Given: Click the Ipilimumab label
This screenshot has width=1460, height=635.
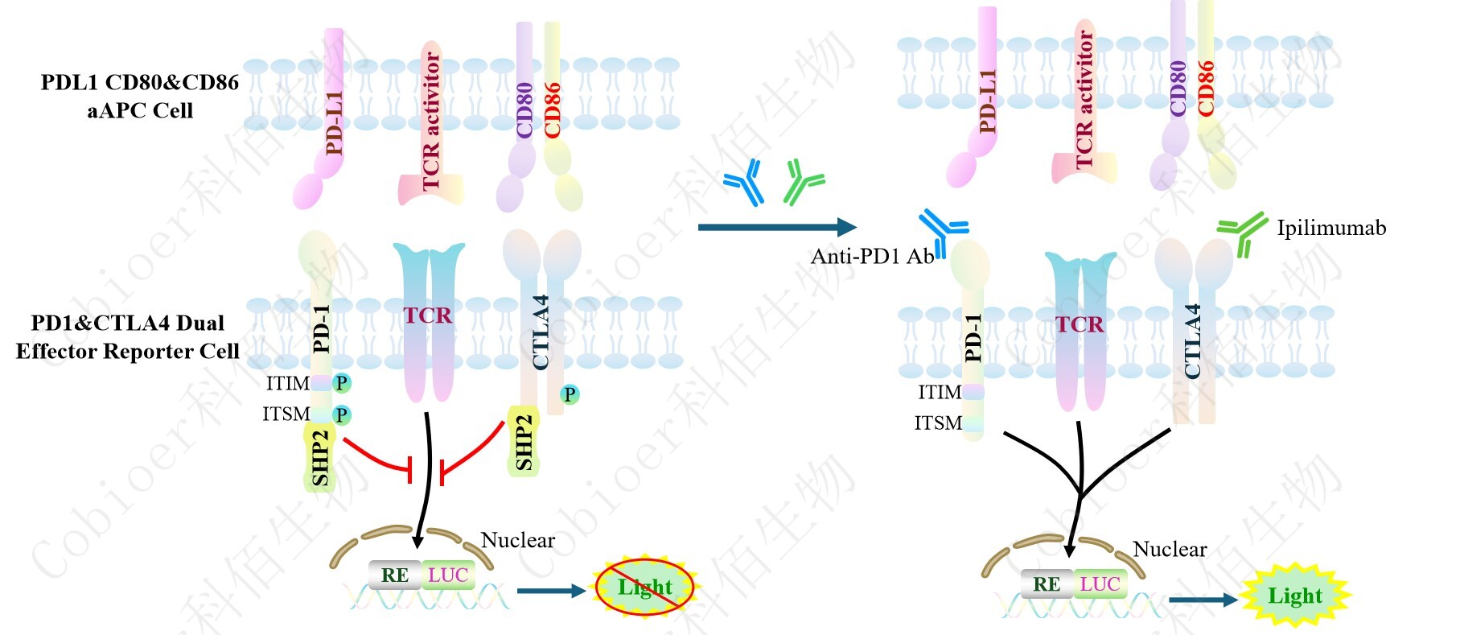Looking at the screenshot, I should tap(1331, 229).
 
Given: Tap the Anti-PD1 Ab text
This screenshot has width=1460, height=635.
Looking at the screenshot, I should tap(871, 257).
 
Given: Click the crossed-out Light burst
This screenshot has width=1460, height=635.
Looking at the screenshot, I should tap(644, 588).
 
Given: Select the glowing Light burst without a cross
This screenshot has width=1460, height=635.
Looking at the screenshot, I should tap(1295, 596).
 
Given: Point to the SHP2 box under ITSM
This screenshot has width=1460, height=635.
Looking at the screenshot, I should tap(320, 457).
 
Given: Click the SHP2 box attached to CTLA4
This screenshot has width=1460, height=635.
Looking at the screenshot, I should tap(524, 441).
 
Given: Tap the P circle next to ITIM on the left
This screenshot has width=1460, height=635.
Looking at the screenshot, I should tap(342, 383).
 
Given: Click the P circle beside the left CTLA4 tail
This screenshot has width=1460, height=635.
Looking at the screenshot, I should tap(570, 394).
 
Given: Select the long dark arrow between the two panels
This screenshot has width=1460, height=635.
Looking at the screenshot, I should tap(776, 228).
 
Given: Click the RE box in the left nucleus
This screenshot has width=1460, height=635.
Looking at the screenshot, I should tap(394, 575).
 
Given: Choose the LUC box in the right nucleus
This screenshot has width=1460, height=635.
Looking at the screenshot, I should tap(1100, 584).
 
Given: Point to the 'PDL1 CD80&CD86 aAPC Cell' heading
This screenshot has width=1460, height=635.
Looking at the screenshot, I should tap(140, 96).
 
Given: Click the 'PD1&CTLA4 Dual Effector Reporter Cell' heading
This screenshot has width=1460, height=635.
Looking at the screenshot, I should tap(127, 337).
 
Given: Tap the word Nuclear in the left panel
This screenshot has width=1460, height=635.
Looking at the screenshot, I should tap(517, 540).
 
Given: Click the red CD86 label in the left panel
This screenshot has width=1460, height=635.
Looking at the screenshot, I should tap(553, 109).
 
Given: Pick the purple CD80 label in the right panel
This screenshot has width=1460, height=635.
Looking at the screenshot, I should tap(1178, 89).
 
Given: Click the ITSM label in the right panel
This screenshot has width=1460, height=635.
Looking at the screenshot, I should tap(938, 423).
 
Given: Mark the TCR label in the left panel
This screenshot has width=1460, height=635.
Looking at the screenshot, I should tap(427, 315).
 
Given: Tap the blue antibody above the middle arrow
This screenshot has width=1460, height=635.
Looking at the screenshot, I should tap(742, 181).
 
